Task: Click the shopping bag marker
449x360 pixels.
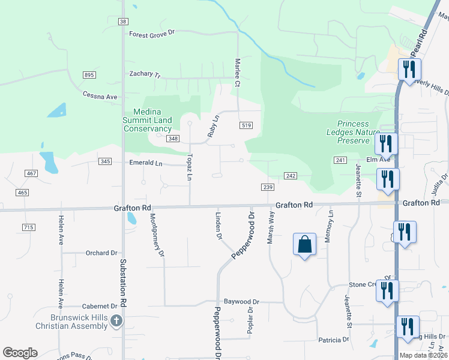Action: point(304,244)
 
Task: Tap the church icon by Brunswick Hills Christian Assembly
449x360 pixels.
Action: point(116,321)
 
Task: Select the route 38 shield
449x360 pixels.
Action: point(123,21)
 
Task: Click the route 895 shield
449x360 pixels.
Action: point(89,74)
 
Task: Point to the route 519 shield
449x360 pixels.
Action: point(245,125)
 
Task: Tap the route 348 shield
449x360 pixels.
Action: point(173,139)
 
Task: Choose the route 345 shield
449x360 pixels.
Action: point(106,161)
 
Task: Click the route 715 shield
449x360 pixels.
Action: point(28,227)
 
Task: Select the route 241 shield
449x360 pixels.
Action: point(341,160)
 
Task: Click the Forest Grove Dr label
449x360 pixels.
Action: point(151,34)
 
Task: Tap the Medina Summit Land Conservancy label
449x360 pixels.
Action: point(148,120)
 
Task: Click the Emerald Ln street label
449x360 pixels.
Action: point(146,163)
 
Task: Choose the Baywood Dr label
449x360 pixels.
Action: point(241,302)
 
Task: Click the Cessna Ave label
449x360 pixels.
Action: point(100,97)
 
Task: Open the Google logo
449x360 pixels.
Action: point(20,353)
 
